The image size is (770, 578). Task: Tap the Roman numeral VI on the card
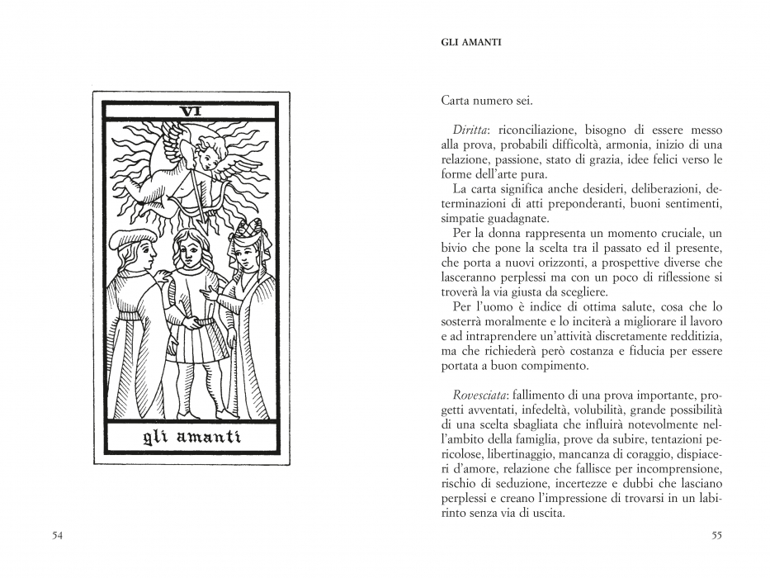191,111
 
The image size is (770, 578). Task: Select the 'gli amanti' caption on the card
191,436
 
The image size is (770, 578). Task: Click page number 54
58,535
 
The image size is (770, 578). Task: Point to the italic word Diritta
469,130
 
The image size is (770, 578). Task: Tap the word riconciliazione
536,130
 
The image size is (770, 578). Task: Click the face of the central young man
188,245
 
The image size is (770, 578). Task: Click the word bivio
455,249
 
